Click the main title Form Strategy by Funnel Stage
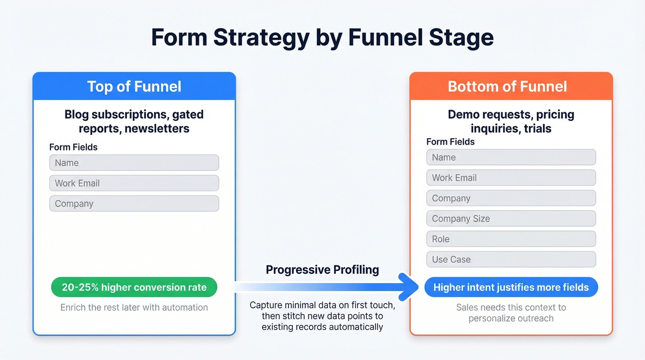point(322,38)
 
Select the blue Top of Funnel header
point(134,87)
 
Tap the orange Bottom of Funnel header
point(511,87)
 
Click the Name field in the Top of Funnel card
point(134,163)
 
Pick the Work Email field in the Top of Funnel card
point(134,183)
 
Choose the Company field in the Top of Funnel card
point(134,204)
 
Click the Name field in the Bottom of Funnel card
point(511,157)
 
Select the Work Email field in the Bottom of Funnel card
point(511,178)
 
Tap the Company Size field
point(511,218)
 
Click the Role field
point(511,239)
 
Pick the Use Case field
point(511,260)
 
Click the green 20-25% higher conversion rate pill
point(134,288)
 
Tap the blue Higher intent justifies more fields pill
point(511,288)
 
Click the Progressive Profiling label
point(322,270)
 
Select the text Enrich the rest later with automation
point(134,307)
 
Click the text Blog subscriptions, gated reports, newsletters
point(134,121)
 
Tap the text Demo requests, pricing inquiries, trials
point(511,121)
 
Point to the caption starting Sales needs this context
point(511,313)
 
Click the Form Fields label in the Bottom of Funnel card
point(450,142)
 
